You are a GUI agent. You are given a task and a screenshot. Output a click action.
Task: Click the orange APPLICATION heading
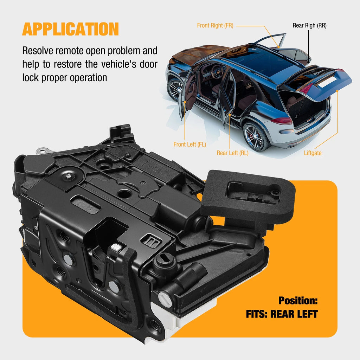coord(70,29)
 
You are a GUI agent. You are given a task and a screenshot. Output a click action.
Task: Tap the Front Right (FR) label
coord(215,25)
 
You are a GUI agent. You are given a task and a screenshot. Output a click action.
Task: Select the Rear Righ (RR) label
coord(309,25)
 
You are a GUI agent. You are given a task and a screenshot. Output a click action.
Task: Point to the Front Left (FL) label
coord(189,144)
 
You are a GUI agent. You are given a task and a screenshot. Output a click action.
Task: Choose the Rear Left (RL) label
coord(232,153)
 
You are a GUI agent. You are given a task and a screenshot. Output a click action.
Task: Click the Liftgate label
coord(313,153)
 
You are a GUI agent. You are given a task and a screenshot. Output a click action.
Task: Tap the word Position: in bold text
coord(298,301)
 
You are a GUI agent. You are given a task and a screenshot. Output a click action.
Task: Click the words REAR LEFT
coord(294,314)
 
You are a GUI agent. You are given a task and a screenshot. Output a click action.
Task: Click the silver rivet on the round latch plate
coord(69,176)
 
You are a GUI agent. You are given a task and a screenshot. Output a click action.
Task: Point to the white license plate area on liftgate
coord(327,82)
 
